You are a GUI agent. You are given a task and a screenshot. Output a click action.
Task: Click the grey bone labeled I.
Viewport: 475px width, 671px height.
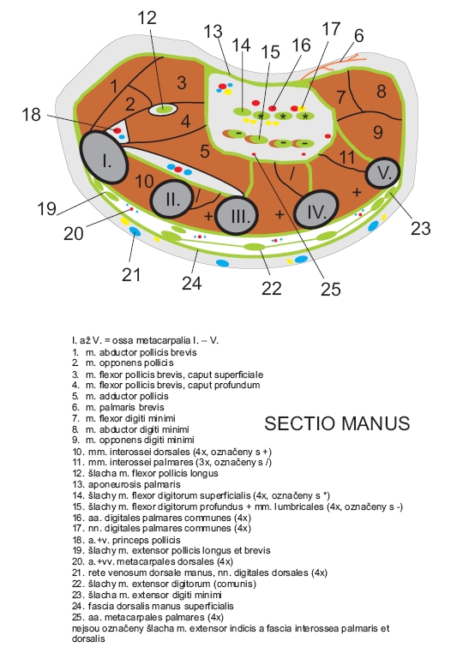point(104,158)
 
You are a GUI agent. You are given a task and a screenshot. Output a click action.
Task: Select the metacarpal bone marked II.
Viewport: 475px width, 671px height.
point(172,200)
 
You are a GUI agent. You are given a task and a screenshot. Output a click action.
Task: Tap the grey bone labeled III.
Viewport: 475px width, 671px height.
point(237,215)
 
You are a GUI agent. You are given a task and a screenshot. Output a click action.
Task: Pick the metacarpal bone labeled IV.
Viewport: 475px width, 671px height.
point(316,210)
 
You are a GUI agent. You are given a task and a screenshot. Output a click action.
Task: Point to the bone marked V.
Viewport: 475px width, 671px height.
point(383,172)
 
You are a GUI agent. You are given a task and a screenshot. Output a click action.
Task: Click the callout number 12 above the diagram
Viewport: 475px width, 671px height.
point(147,18)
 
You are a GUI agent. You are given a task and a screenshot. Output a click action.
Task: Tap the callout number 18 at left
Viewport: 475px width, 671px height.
point(31,115)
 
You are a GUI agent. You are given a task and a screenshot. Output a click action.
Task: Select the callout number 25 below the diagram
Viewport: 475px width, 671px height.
point(330,290)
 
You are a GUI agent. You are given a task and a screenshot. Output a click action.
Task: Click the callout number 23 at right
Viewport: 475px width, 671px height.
point(420,229)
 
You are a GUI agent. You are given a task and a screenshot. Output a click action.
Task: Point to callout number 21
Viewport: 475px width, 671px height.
point(131,275)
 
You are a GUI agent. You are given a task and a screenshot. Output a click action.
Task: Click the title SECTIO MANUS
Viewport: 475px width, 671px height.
point(337,423)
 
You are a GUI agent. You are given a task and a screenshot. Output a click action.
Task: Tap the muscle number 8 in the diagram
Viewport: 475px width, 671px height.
point(382,91)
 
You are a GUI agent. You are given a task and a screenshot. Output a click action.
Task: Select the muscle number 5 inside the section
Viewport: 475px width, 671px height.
point(205,151)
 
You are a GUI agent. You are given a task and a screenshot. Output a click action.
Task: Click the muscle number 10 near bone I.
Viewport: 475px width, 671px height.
point(144,182)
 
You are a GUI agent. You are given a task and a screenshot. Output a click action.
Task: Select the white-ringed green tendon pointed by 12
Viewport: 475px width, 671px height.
point(163,110)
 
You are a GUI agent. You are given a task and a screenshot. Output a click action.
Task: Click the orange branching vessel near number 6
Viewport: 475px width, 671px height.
point(331,67)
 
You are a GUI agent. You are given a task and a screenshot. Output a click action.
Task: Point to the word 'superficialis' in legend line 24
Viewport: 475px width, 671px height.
point(209,607)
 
